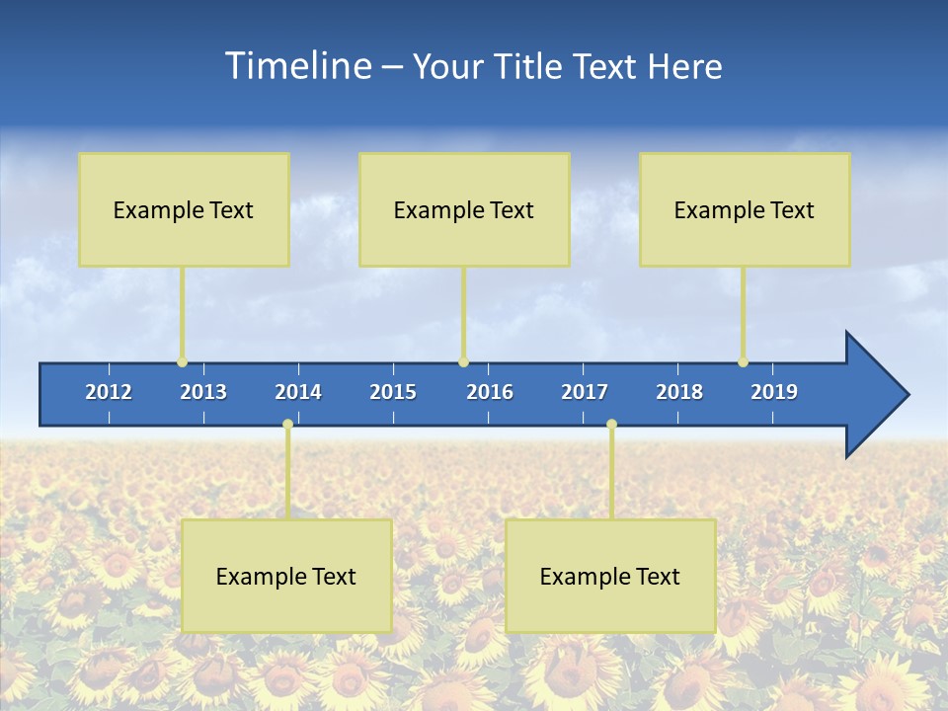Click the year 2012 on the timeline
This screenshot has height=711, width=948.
pos(109,392)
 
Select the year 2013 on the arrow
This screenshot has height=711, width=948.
pos(203,392)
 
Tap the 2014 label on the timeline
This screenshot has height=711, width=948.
pos(298,392)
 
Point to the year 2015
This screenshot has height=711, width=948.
pos(393,392)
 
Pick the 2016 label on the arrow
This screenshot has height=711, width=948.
pos(490,392)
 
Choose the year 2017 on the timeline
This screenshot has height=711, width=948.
pos(585,392)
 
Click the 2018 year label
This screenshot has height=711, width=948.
pos(679,392)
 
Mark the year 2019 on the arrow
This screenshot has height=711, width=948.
pos(774,392)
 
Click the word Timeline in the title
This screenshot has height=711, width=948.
pos(297,66)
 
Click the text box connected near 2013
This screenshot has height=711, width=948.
pos(184,209)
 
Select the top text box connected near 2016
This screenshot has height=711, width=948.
pos(464,209)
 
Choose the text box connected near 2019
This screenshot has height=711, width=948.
pos(745,209)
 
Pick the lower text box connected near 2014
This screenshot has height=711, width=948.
pos(286,576)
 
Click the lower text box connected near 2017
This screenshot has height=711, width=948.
pos(610,576)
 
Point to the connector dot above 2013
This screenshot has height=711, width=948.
pos(183,362)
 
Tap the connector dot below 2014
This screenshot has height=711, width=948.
pos(287,425)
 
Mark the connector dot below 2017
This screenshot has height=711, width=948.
pos(611,425)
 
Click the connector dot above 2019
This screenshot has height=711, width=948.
pos(744,362)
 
